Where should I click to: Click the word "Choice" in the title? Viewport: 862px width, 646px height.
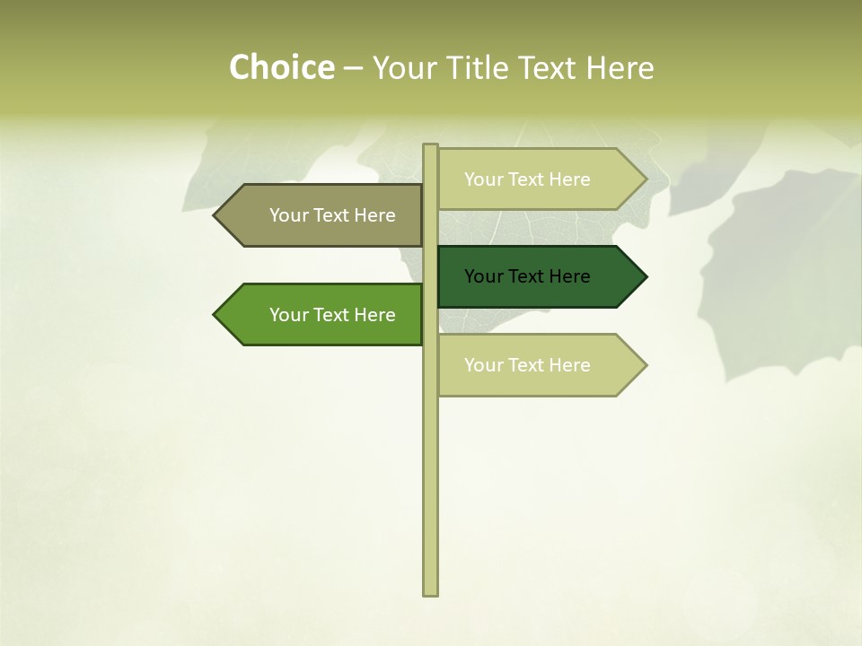[281, 68]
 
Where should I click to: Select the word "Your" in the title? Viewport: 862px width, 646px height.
[404, 68]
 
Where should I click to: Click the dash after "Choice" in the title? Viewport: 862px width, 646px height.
[353, 68]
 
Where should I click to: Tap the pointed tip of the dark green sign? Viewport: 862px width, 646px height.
[644, 276]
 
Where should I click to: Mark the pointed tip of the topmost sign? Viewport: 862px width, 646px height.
[644, 179]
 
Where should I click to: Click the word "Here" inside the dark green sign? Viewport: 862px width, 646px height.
[569, 276]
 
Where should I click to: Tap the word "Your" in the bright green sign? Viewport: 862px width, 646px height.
[287, 315]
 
